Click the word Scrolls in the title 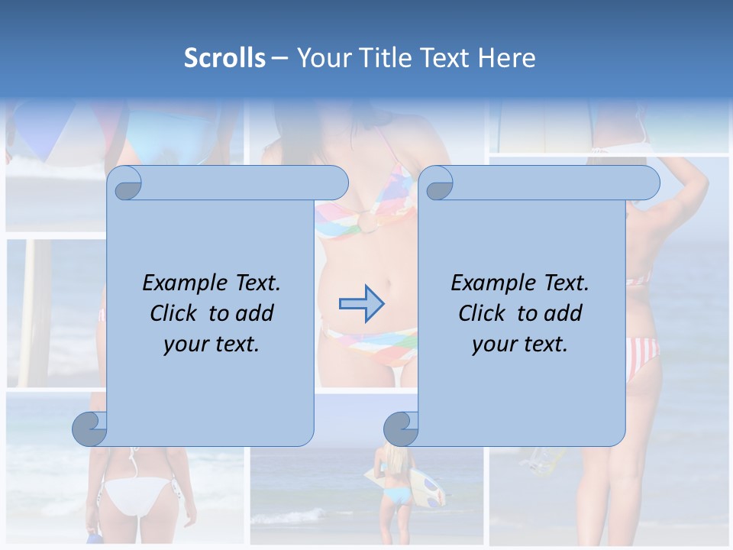[x=224, y=58]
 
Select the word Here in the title [x=506, y=58]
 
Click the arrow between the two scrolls [x=361, y=304]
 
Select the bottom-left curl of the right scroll [x=401, y=429]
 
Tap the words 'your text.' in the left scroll [x=212, y=345]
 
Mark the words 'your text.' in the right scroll [x=520, y=345]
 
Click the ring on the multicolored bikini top [x=369, y=222]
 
